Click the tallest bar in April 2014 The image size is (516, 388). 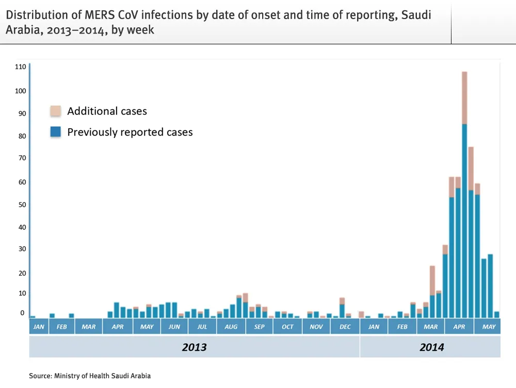pyautogui.click(x=464, y=196)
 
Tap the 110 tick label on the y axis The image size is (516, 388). pyautogui.click(x=20, y=67)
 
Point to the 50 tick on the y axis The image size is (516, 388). pyautogui.click(x=20, y=205)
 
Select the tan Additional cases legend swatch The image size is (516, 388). pyautogui.click(x=55, y=111)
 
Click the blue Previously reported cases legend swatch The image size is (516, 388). pyautogui.click(x=55, y=132)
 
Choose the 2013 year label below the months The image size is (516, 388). pyautogui.click(x=194, y=347)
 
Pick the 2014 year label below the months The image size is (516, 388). pyautogui.click(x=431, y=347)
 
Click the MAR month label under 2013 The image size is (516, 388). pyautogui.click(x=88, y=327)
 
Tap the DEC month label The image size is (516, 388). pyautogui.click(x=345, y=327)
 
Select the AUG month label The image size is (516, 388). pyautogui.click(x=231, y=327)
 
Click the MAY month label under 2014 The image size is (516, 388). pyautogui.click(x=488, y=327)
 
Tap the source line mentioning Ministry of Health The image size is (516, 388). pyautogui.click(x=90, y=376)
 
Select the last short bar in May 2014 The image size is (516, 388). pyautogui.click(x=496, y=314)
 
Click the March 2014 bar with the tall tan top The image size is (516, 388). pyautogui.click(x=432, y=292)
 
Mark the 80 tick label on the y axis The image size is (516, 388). pyautogui.click(x=20, y=136)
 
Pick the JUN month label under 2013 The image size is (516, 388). pyautogui.click(x=174, y=327)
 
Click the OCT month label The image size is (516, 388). pyautogui.click(x=287, y=327)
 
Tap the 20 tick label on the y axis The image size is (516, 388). pyautogui.click(x=20, y=273)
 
